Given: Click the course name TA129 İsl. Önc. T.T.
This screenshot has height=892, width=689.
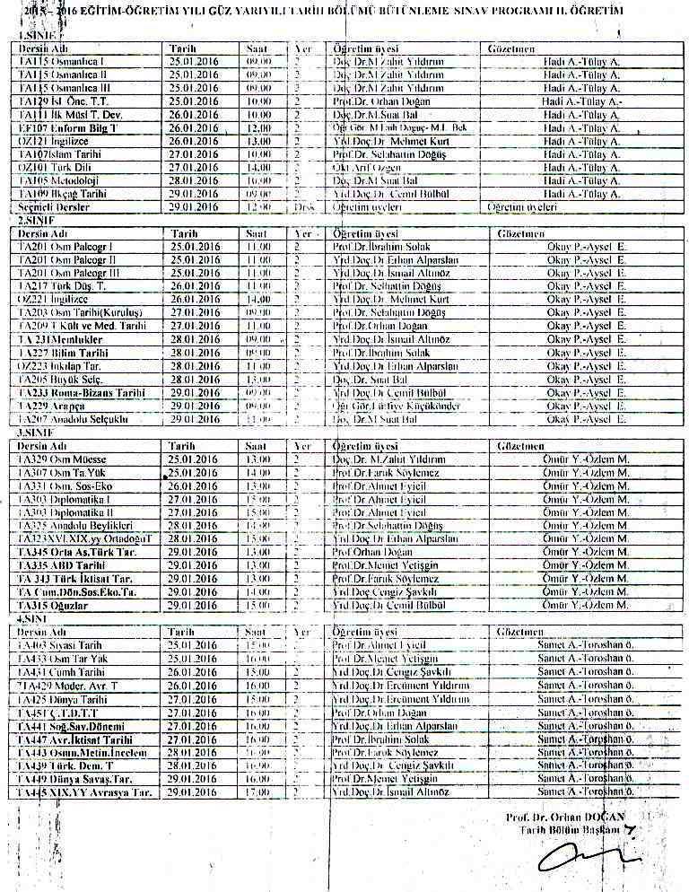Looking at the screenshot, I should pyautogui.click(x=57, y=103).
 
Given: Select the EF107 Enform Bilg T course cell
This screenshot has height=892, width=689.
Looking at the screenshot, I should pyautogui.click(x=57, y=129).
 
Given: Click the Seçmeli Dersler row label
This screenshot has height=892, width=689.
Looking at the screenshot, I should pyautogui.click(x=55, y=207).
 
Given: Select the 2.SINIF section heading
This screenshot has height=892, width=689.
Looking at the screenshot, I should pyautogui.click(x=35, y=220).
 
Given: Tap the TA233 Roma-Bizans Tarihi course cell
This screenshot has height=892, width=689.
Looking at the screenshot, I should pyautogui.click(x=68, y=393).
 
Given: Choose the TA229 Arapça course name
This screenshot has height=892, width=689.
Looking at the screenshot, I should pyautogui.click(x=50, y=407).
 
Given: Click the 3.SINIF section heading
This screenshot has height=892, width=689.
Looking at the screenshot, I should pyautogui.click(x=35, y=433).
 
